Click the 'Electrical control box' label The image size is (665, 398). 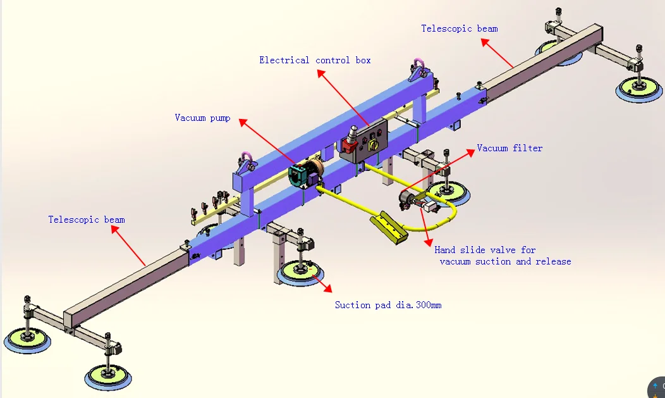pyautogui.click(x=315, y=61)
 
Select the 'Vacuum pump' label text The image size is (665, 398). pyautogui.click(x=202, y=118)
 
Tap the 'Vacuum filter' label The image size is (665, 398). pyautogui.click(x=509, y=148)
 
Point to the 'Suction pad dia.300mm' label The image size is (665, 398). pyautogui.click(x=387, y=305)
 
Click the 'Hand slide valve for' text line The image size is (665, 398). pyautogui.click(x=485, y=250)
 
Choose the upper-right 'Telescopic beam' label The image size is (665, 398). pyautogui.click(x=459, y=28)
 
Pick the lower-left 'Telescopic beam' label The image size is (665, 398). pyautogui.click(x=87, y=220)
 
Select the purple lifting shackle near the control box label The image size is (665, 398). pyautogui.click(x=418, y=65)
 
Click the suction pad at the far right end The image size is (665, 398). pyautogui.click(x=639, y=89)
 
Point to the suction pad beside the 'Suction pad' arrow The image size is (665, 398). pyautogui.click(x=298, y=271)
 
